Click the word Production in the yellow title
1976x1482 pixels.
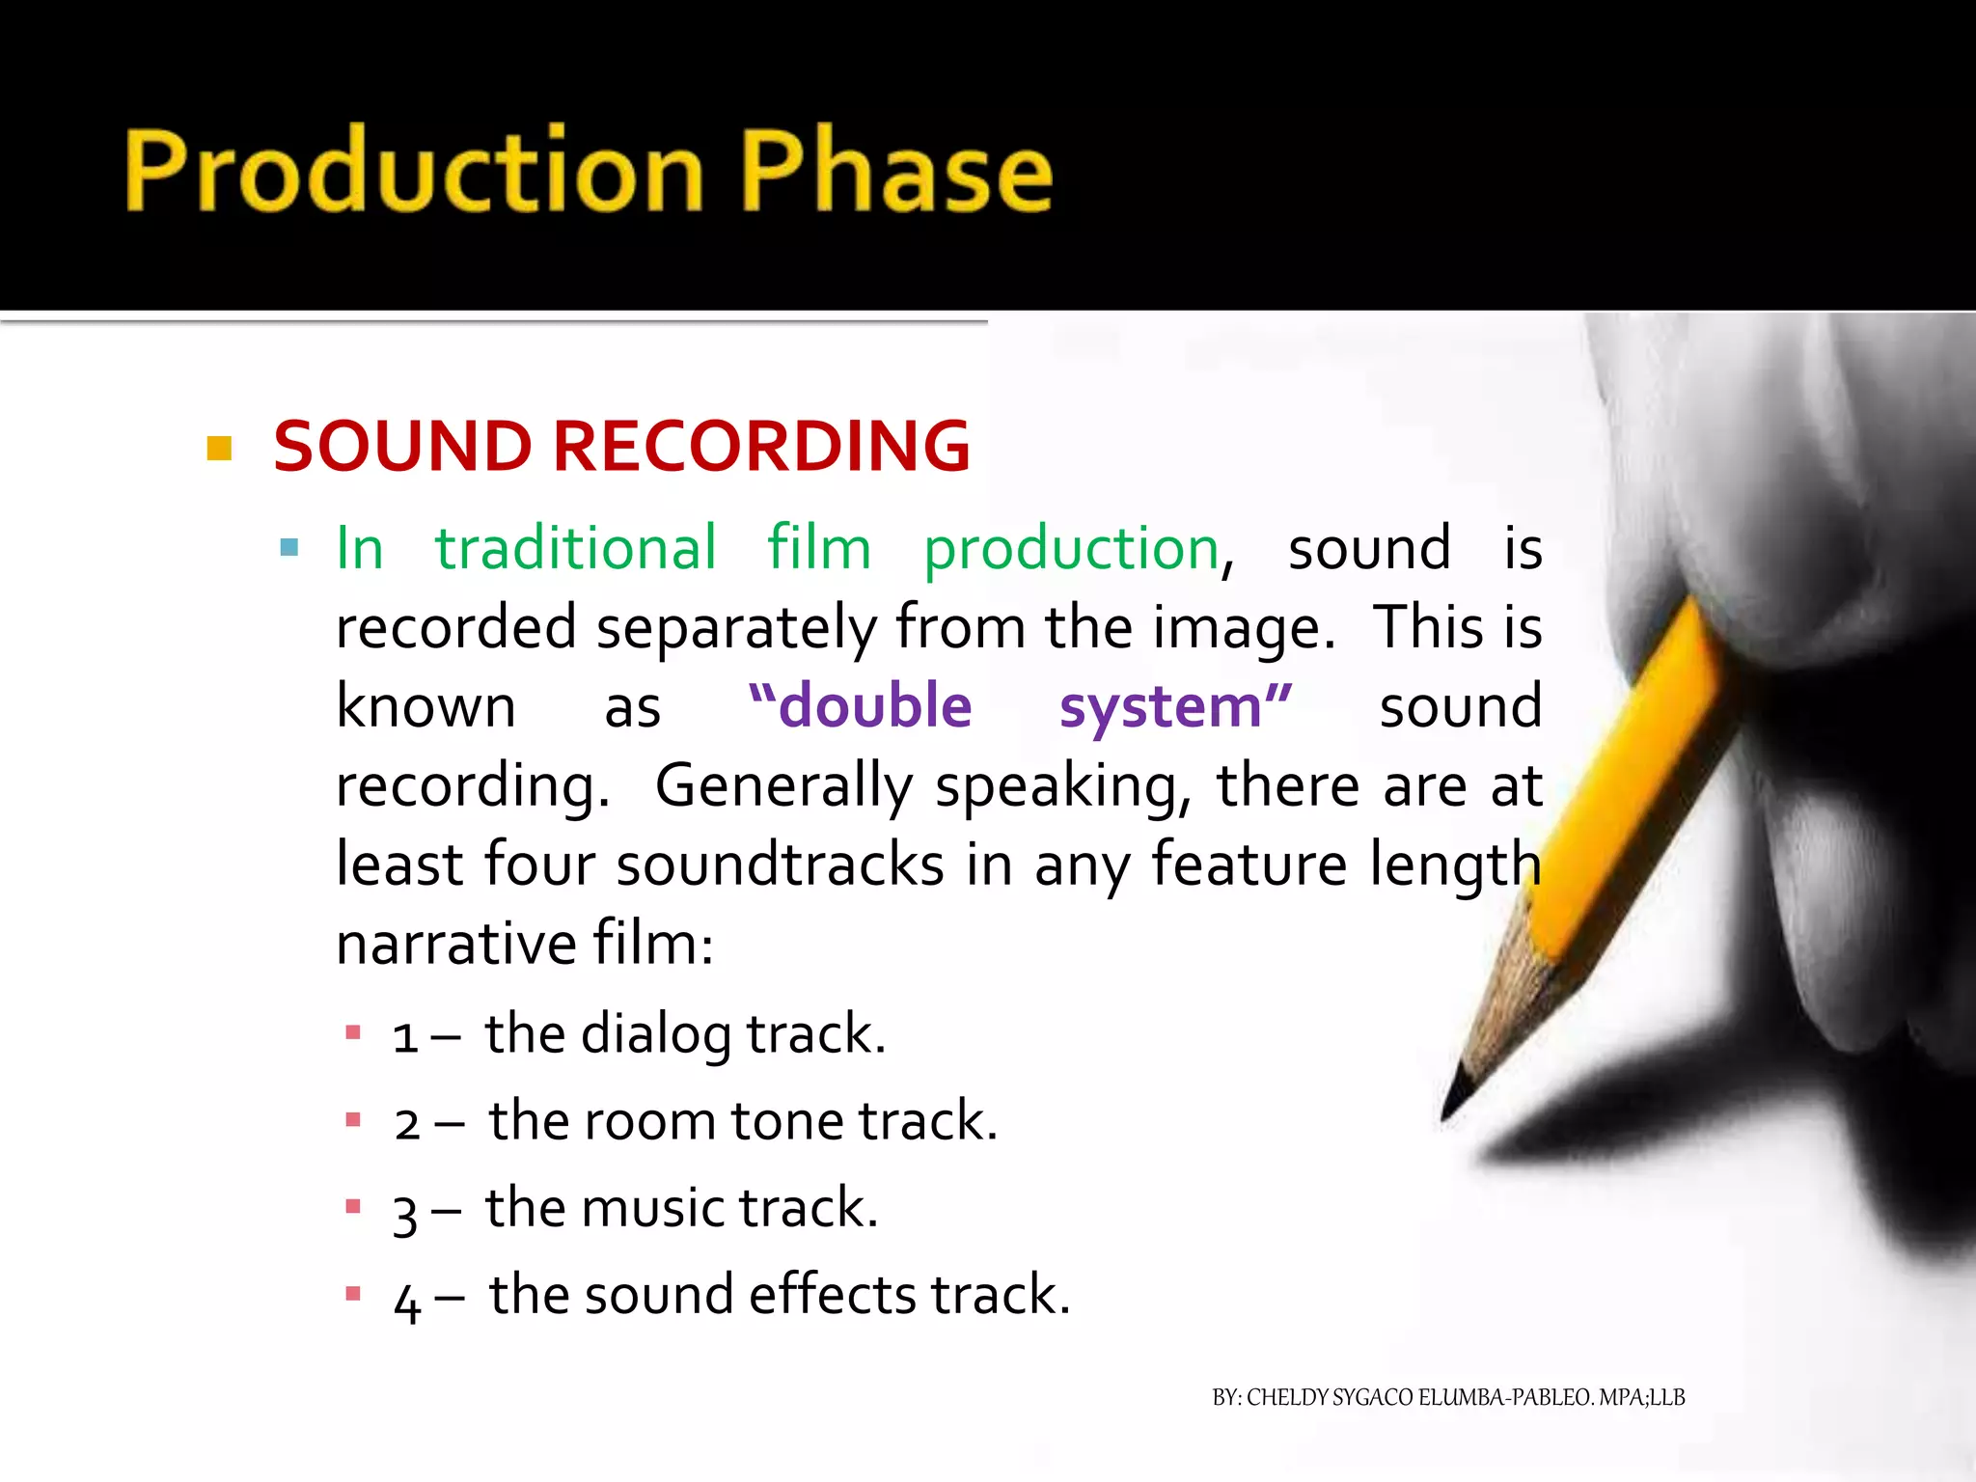(415, 170)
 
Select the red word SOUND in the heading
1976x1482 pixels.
(401, 447)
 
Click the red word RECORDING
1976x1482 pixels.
(760, 447)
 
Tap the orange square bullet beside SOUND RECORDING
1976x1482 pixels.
(220, 449)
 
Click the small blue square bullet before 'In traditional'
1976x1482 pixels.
(288, 549)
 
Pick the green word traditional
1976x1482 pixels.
(575, 548)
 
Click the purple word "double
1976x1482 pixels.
(860, 705)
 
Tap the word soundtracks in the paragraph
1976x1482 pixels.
(780, 864)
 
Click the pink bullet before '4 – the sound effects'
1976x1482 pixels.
(353, 1294)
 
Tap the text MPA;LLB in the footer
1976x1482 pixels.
(1641, 1397)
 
